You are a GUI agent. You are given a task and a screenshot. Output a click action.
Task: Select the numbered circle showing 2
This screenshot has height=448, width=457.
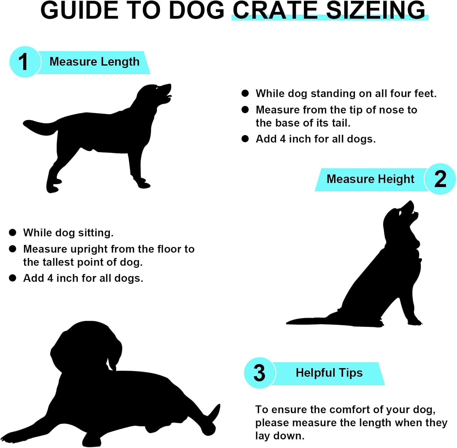pos(440,179)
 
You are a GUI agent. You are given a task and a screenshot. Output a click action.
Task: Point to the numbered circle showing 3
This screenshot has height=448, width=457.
pos(260,373)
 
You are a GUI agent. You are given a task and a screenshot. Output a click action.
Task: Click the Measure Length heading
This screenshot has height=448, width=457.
pos(94,62)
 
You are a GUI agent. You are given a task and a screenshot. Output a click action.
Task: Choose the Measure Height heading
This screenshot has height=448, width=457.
pos(370,179)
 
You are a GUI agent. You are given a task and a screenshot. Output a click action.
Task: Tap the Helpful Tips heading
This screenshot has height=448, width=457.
pos(329,373)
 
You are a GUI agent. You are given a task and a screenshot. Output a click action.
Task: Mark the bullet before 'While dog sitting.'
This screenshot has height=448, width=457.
pos(12,233)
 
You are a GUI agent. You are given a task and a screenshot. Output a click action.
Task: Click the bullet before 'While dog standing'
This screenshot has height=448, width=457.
pos(245,93)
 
